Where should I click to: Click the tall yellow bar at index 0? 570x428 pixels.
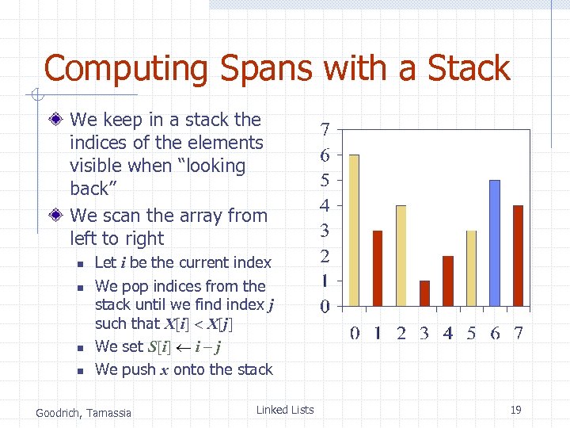click(354, 230)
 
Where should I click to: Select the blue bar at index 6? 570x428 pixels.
click(495, 243)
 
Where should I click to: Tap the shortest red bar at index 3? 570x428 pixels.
click(424, 293)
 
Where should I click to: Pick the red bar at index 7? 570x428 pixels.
click(519, 255)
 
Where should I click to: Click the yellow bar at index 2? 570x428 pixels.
click(401, 255)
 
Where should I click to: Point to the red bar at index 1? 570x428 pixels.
click(378, 268)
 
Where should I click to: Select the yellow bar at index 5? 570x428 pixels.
click(471, 268)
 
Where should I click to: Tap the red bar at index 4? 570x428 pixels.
click(448, 281)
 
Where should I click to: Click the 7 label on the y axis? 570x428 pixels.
click(325, 129)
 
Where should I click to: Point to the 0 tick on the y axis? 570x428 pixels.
click(325, 306)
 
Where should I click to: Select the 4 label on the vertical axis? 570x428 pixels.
click(325, 205)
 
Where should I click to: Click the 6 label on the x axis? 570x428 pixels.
click(495, 333)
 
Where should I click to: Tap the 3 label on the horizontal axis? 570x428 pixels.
click(424, 333)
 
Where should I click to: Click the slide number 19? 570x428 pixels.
click(515, 410)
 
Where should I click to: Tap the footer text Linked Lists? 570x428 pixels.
click(285, 410)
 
